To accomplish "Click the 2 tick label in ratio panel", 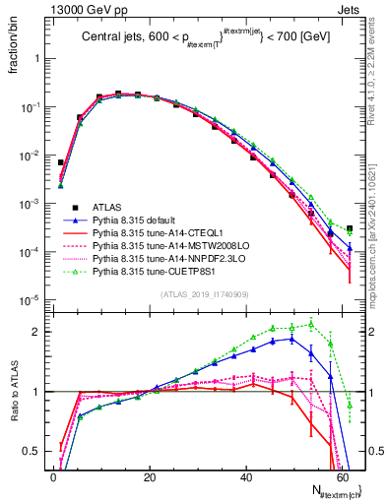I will [39, 332].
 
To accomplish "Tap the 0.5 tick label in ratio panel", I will [35, 452].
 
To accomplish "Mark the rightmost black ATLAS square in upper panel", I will [350, 228].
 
